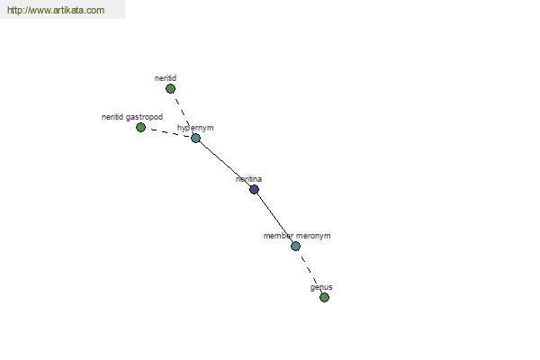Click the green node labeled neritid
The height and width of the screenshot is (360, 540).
pos(170,89)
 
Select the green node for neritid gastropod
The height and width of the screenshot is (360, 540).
pos(140,128)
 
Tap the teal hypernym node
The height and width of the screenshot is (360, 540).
pos(195,138)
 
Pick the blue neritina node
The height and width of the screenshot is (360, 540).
pos(254,190)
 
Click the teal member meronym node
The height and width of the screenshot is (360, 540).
pos(295,246)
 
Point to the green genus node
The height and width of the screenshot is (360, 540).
pos(324,297)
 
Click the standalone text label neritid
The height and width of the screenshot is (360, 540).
pos(166,78)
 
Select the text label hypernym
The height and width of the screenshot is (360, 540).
pos(195,128)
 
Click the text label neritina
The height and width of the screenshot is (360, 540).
pos(248,179)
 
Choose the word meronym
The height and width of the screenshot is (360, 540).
pos(313,236)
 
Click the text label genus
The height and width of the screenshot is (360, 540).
pos(321,288)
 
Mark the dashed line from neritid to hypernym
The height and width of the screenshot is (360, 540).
pos(184,113)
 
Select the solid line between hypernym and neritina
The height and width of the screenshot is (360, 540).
pos(225,164)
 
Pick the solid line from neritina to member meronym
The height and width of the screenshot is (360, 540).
pos(274,218)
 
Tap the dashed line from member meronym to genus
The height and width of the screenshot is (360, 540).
pos(310,272)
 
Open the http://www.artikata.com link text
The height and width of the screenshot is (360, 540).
pos(56,10)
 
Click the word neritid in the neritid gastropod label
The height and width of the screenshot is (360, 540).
pos(112,117)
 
